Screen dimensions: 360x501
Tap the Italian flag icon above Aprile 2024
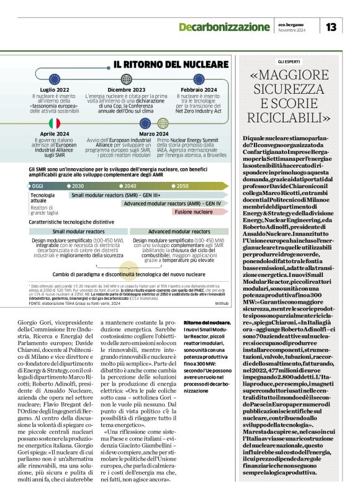pos(55,124)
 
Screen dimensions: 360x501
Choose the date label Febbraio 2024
pos(199,90)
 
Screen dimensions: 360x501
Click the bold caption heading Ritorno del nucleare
pos(207,322)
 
